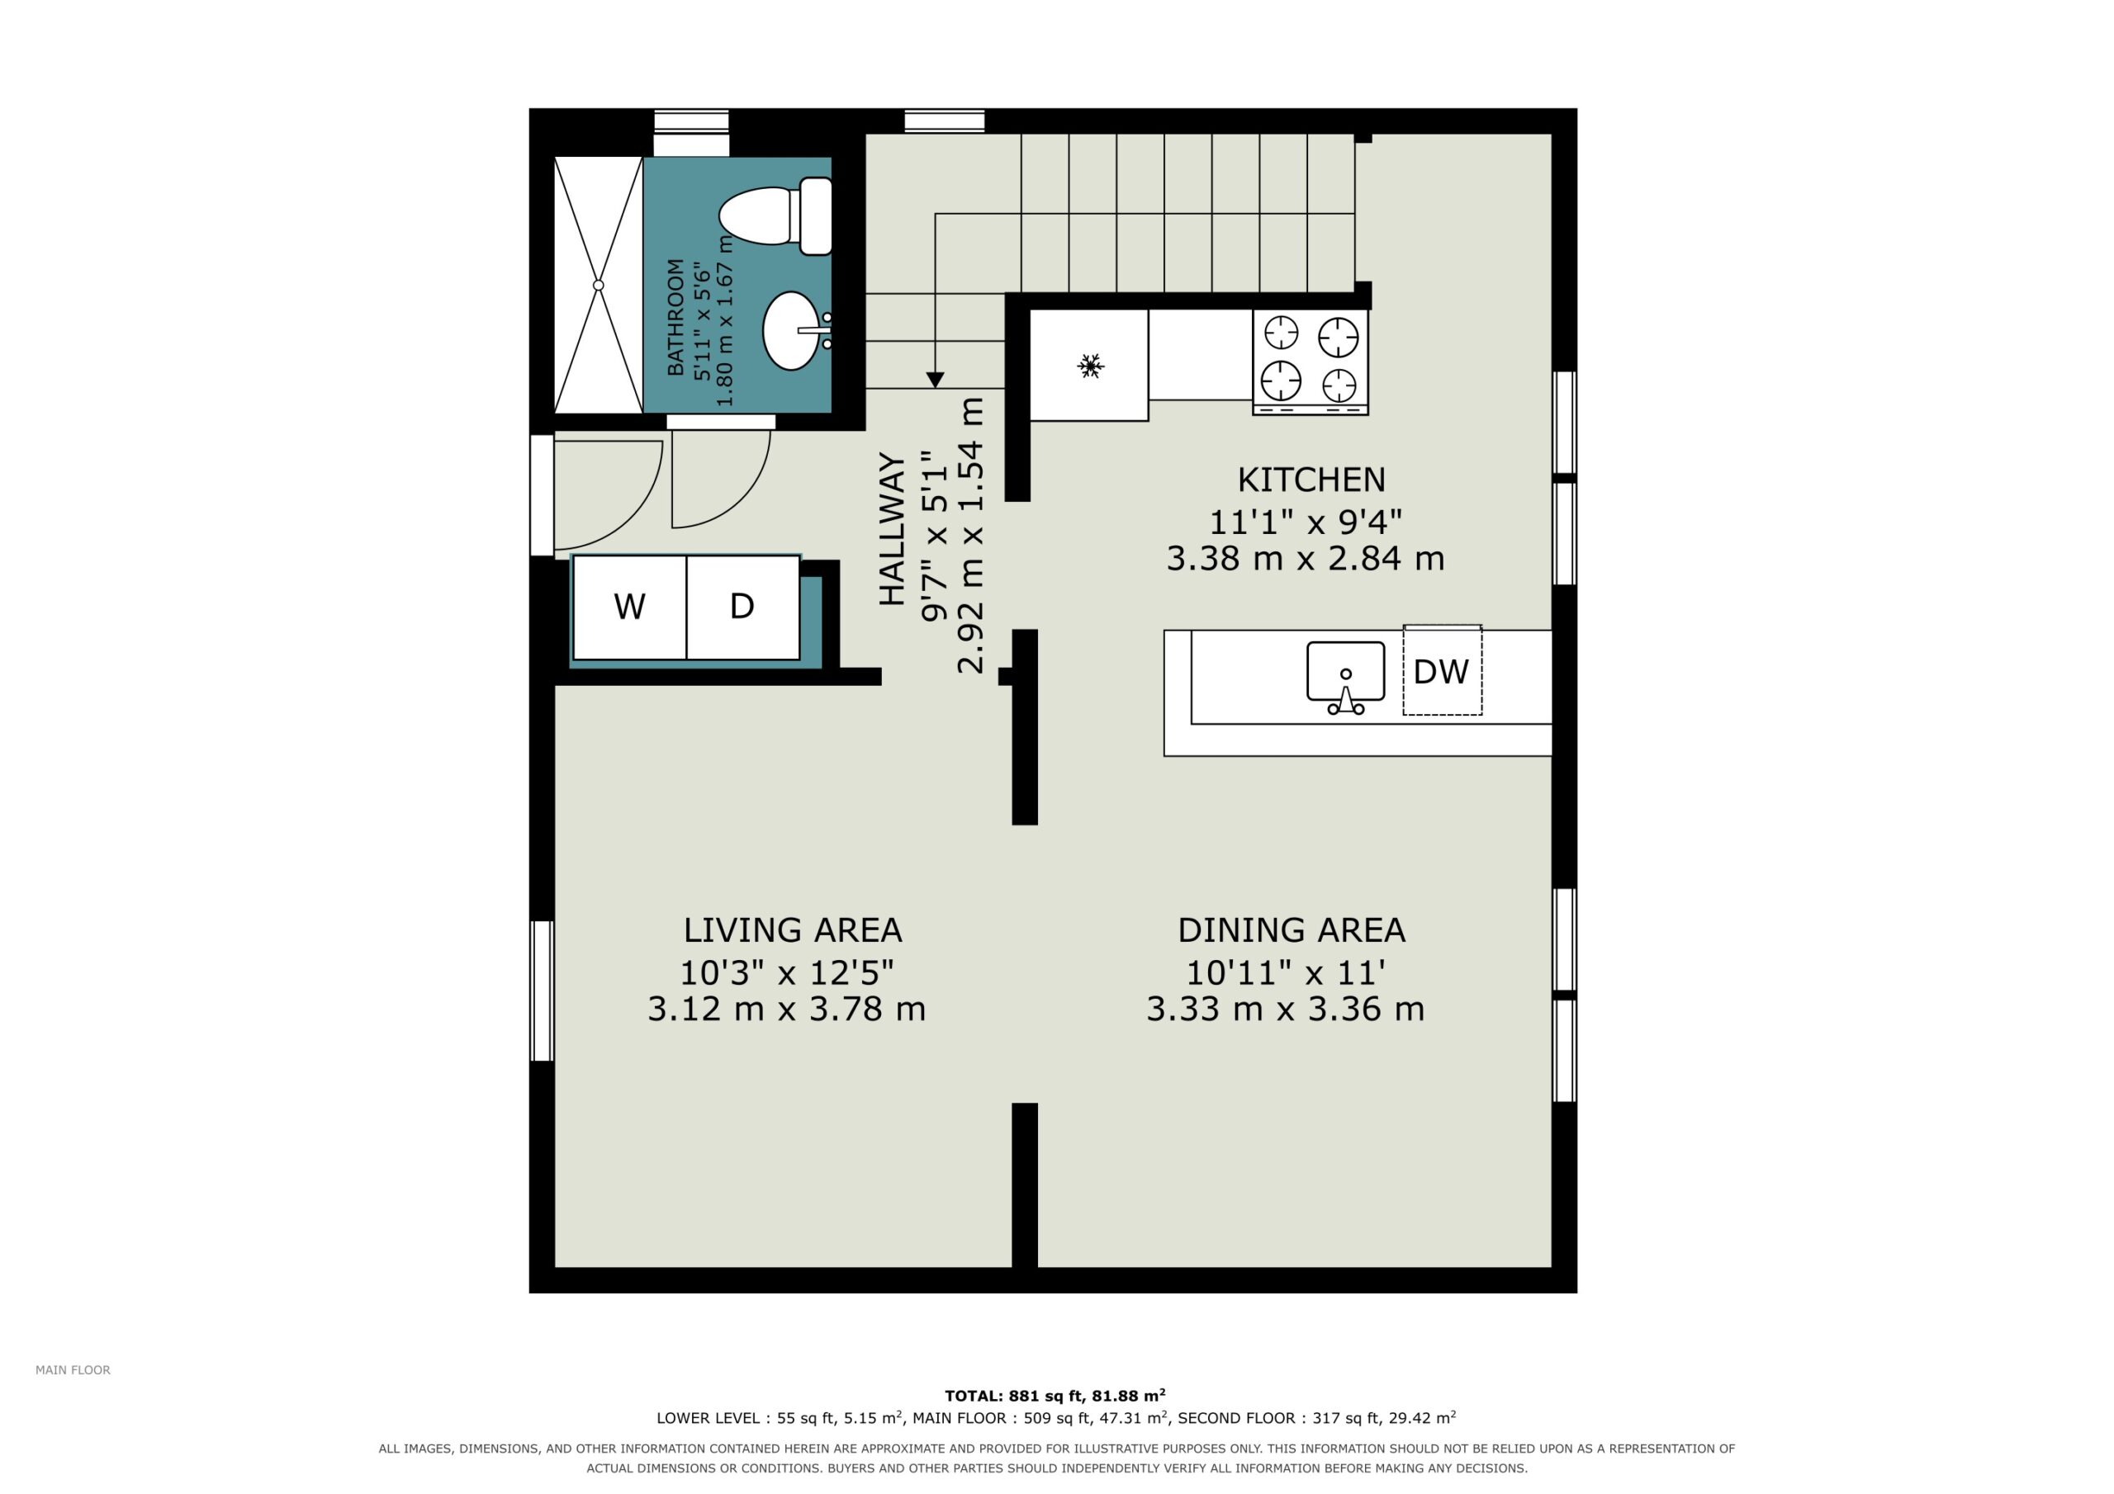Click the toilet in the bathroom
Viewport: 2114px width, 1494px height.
tap(775, 216)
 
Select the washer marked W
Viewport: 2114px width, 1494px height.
tap(630, 608)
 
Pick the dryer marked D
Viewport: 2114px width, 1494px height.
tap(743, 608)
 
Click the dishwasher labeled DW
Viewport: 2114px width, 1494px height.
tap(1442, 671)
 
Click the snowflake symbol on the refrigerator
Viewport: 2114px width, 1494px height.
tap(1090, 366)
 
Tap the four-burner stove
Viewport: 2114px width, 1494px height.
tap(1311, 362)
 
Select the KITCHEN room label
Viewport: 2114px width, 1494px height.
tap(1311, 480)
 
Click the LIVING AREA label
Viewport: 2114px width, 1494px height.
tap(793, 930)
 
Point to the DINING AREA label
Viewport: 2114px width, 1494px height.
tap(1292, 930)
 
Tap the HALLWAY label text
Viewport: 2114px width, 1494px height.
tap(892, 529)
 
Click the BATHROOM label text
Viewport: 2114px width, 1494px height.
tap(675, 318)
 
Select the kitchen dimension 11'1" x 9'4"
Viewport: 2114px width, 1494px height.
tap(1306, 522)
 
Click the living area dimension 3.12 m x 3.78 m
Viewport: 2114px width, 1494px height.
tap(786, 1009)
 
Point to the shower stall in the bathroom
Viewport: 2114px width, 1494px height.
tap(599, 286)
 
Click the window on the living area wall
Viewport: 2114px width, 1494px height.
tap(543, 991)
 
